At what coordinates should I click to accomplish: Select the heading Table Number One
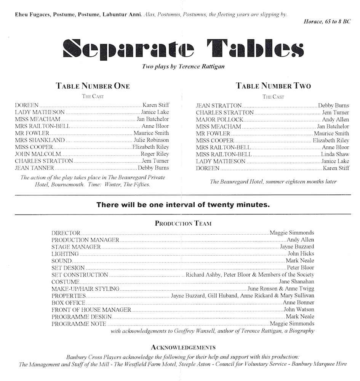pyautogui.click(x=93, y=86)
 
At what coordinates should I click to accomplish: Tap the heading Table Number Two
pyautogui.click(x=273, y=86)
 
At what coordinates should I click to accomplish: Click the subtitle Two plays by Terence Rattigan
pyautogui.click(x=183, y=66)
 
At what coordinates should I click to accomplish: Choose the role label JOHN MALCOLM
pyautogui.click(x=38, y=154)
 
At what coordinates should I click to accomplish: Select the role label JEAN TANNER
pyautogui.click(x=34, y=168)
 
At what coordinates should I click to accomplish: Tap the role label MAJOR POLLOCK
pyautogui.click(x=219, y=120)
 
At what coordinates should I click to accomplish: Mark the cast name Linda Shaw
pyautogui.click(x=335, y=154)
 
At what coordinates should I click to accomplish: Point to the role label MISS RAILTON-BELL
pyautogui.click(x=224, y=154)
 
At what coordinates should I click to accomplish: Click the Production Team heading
pyautogui.click(x=183, y=224)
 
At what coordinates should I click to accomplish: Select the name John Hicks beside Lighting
pyautogui.click(x=301, y=254)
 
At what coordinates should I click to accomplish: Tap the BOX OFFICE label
pyautogui.click(x=68, y=303)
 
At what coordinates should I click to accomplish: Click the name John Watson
pyautogui.click(x=299, y=309)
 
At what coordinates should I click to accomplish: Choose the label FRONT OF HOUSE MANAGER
pyautogui.click(x=91, y=310)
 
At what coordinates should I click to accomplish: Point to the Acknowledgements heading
pyautogui.click(x=183, y=347)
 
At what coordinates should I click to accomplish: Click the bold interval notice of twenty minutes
pyautogui.click(x=183, y=205)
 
